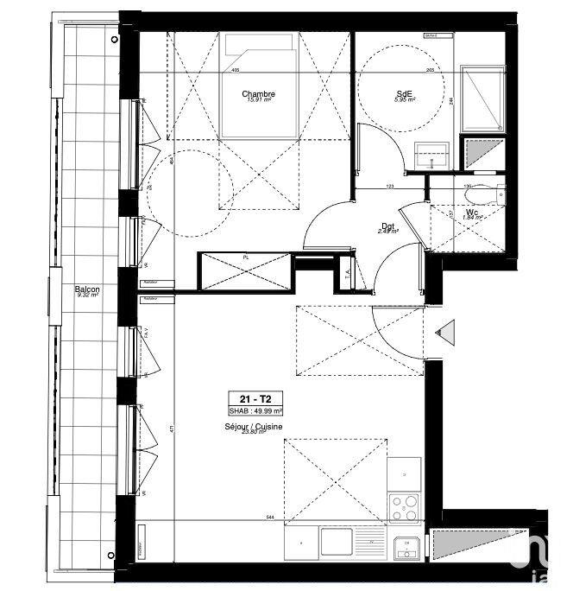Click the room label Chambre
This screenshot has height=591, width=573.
click(259, 93)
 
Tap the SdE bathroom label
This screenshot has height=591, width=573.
click(405, 93)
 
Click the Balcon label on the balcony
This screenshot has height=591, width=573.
click(86, 289)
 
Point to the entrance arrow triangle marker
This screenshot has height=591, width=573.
click(446, 329)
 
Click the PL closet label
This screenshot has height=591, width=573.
click(246, 257)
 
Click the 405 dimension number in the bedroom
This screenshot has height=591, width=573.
click(235, 70)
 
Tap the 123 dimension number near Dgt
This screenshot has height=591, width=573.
click(389, 186)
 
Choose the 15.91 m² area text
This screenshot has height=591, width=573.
click(259, 101)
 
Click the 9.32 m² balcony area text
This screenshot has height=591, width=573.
click(86, 296)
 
